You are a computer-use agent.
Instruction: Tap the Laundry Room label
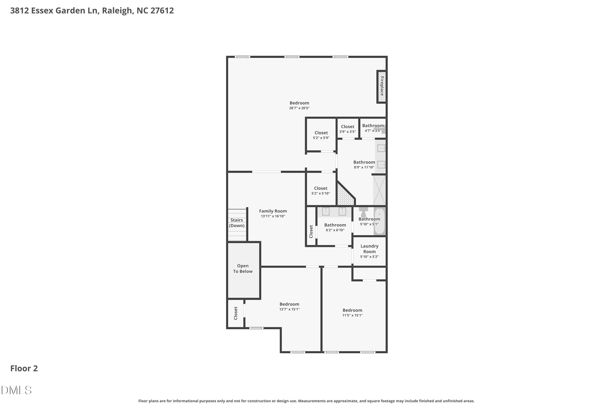(x=369, y=249)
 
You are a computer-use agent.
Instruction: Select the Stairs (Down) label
(x=237, y=223)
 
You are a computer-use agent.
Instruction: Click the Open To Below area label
(x=243, y=268)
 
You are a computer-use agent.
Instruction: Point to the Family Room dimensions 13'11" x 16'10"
(x=273, y=216)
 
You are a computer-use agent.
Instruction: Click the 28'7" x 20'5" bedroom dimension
(x=299, y=108)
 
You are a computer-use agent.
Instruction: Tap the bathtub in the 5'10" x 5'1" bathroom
(x=379, y=221)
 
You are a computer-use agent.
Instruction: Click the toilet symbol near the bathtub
(x=363, y=212)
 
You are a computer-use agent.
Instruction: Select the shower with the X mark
(x=379, y=190)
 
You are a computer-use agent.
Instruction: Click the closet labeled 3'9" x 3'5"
(x=347, y=129)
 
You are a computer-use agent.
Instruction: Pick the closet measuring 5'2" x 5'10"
(x=321, y=191)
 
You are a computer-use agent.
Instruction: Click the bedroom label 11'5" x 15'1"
(x=352, y=312)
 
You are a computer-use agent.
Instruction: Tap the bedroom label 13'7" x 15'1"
(x=289, y=307)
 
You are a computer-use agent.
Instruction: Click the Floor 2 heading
(x=24, y=368)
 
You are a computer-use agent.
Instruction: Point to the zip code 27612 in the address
(x=162, y=10)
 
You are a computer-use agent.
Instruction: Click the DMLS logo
(x=16, y=390)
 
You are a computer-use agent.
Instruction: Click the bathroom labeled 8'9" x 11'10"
(x=364, y=165)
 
